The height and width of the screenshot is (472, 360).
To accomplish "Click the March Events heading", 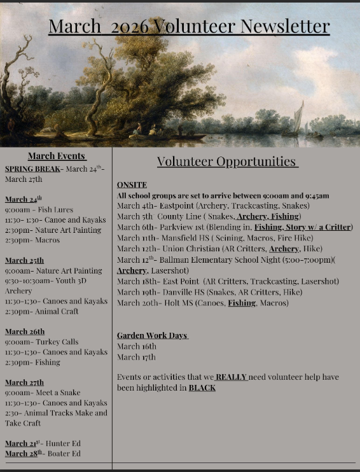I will [57, 156].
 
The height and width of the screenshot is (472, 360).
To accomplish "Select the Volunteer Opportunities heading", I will [227, 162].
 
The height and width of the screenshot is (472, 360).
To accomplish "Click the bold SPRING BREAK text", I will [33, 169].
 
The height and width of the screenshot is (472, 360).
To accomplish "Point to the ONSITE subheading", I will [132, 185].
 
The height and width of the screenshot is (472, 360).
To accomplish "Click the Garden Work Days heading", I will [153, 335].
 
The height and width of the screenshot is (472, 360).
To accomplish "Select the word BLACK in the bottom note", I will [202, 387].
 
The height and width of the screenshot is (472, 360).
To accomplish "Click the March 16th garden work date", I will [137, 346].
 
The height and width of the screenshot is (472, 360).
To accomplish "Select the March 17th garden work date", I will [136, 357].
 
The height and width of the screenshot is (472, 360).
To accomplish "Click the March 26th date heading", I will [25, 331].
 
